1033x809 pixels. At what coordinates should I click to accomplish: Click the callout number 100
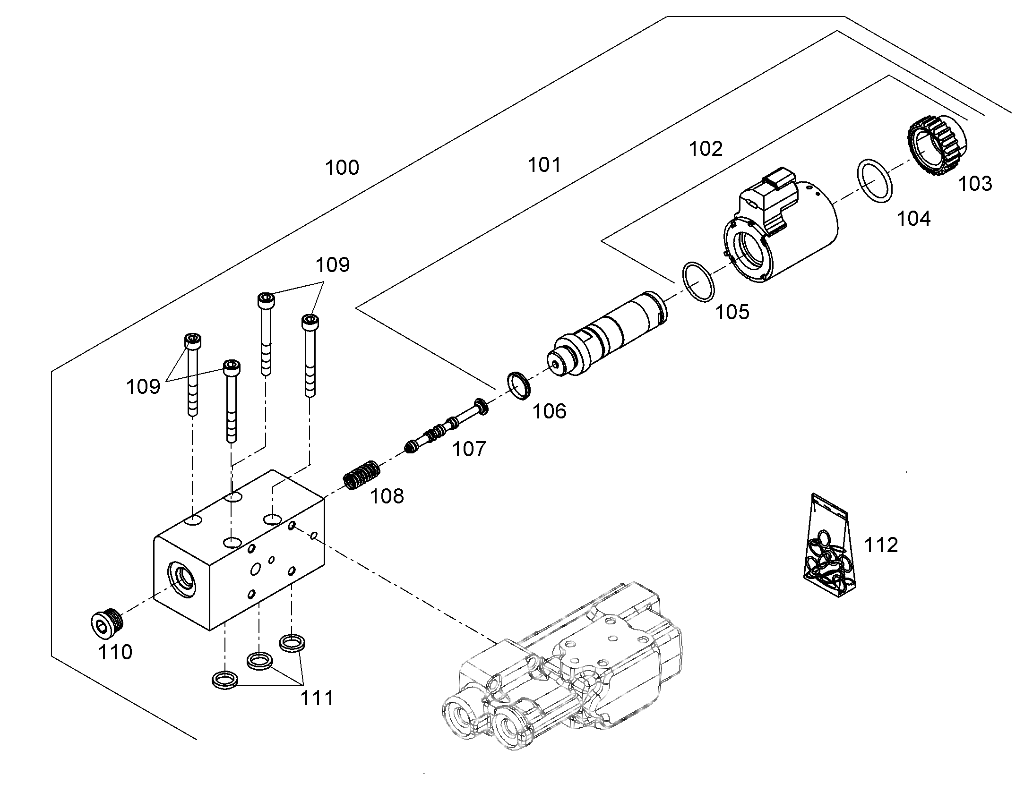click(342, 168)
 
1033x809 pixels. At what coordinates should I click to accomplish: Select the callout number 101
click(544, 165)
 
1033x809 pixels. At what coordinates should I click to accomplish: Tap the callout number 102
click(706, 149)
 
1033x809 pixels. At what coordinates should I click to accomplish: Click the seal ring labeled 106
click(519, 385)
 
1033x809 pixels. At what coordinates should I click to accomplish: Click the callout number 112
click(881, 545)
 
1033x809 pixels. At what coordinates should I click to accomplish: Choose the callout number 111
click(318, 698)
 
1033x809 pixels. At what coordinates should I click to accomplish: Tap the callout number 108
click(387, 496)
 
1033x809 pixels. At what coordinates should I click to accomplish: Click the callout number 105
click(732, 312)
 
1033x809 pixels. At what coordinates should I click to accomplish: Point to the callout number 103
click(975, 183)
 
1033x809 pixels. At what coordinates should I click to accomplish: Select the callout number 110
click(115, 652)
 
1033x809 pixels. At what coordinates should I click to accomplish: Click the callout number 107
click(469, 449)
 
